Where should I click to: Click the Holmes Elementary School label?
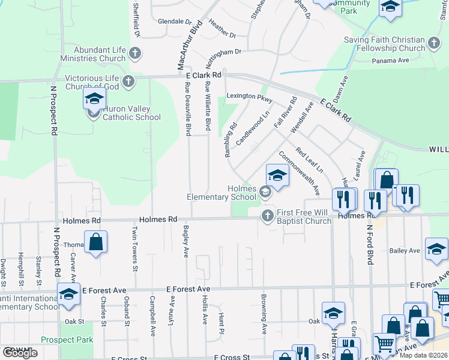[x=221, y=193]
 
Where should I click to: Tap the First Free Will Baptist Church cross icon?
[x=267, y=215]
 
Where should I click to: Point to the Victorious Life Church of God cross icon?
[x=127, y=82]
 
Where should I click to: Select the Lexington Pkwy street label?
[x=250, y=97]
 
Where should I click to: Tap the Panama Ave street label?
[x=390, y=60]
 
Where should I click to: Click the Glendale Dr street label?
[x=174, y=21]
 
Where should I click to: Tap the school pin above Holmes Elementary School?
[x=277, y=175]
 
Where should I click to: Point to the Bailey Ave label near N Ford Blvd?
[x=404, y=250]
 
